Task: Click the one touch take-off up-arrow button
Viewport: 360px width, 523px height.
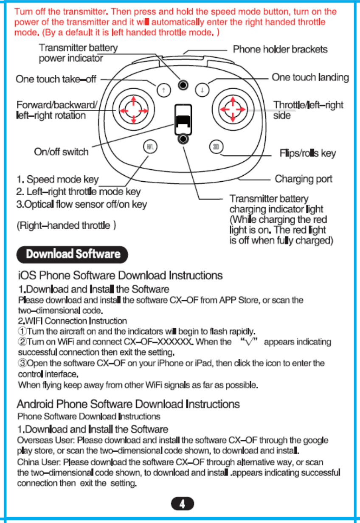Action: [x=163, y=90]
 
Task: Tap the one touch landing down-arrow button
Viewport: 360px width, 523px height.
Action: [x=202, y=90]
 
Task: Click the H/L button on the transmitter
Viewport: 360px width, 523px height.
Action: [x=149, y=147]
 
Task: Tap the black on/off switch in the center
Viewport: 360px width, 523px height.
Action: [x=183, y=121]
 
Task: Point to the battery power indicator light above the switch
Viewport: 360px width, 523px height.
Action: [x=183, y=84]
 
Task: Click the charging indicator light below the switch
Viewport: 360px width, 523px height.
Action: [x=183, y=139]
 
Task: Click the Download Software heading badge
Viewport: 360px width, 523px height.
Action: [x=72, y=254]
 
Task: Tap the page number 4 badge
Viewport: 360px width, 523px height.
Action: [x=182, y=504]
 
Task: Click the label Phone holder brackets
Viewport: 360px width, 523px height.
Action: [x=280, y=49]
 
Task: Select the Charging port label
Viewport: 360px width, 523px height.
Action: [x=304, y=179]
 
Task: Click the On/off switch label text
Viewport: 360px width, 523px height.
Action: [x=61, y=152]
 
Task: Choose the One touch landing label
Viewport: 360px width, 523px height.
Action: [x=310, y=77]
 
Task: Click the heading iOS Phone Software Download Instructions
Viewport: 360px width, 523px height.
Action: [x=119, y=276]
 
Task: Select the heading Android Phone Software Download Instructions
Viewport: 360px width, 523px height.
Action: [x=128, y=403]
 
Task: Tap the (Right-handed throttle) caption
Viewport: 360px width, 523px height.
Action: [x=67, y=225]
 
